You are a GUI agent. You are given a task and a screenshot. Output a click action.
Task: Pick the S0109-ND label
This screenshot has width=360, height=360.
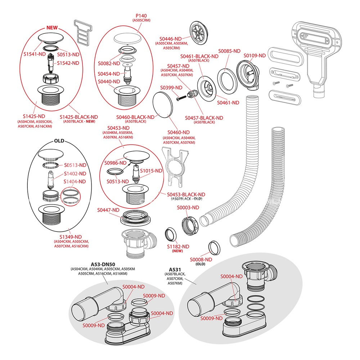pos(255,55)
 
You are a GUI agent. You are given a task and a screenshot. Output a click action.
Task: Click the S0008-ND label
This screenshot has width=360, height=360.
pos(201,260)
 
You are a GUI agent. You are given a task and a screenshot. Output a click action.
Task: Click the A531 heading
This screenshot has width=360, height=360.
pos(175,269)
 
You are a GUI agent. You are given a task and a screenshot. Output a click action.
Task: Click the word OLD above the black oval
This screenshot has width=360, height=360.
pos(59,141)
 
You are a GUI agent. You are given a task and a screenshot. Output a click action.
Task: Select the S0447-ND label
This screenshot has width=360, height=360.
pos(108,210)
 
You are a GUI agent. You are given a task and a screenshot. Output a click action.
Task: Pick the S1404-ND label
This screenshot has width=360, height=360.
pos(75,181)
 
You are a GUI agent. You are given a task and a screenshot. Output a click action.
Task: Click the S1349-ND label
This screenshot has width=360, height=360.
pos(70,237)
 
